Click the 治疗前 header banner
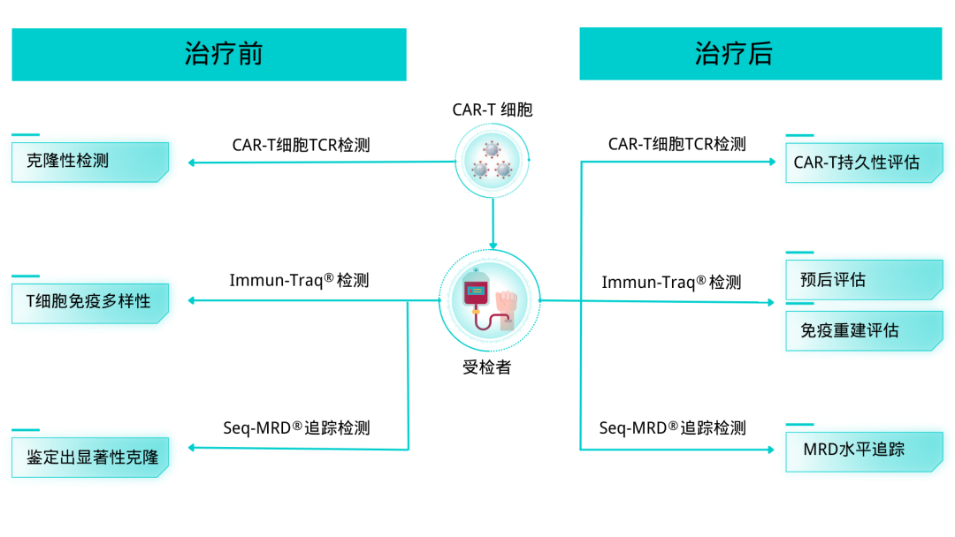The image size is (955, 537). (209, 54)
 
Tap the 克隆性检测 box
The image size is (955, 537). (89, 162)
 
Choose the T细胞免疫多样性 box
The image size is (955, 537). (89, 302)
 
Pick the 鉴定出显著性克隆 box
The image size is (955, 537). (89, 457)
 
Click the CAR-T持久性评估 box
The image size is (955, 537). (864, 163)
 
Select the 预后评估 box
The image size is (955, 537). (864, 280)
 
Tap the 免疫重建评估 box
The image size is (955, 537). (864, 331)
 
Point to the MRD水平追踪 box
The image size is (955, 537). (864, 450)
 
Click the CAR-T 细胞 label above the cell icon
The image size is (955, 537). (493, 110)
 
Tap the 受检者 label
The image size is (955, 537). (487, 367)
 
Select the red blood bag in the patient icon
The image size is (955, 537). (475, 296)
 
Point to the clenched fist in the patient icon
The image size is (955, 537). (508, 303)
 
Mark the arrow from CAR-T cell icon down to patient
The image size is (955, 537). (493, 225)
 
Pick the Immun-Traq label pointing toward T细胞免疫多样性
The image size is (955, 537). (299, 282)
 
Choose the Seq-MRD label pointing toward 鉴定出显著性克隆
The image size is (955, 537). (296, 428)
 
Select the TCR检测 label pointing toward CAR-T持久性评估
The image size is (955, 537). (676, 144)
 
